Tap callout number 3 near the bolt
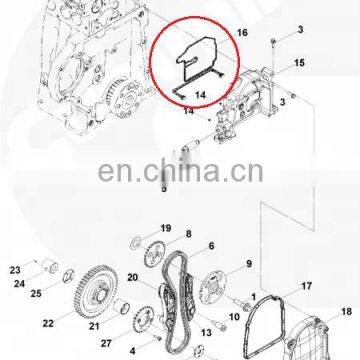point(299,34)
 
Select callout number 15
point(299,63)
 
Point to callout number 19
point(166,228)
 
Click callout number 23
point(15,269)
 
